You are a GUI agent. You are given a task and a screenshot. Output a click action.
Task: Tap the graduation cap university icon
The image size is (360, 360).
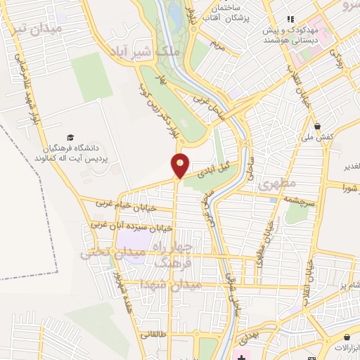(70, 138)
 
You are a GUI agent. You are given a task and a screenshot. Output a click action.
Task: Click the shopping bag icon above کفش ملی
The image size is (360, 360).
(318, 127)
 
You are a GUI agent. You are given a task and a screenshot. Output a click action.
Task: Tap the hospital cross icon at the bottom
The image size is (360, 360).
(242, 358)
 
